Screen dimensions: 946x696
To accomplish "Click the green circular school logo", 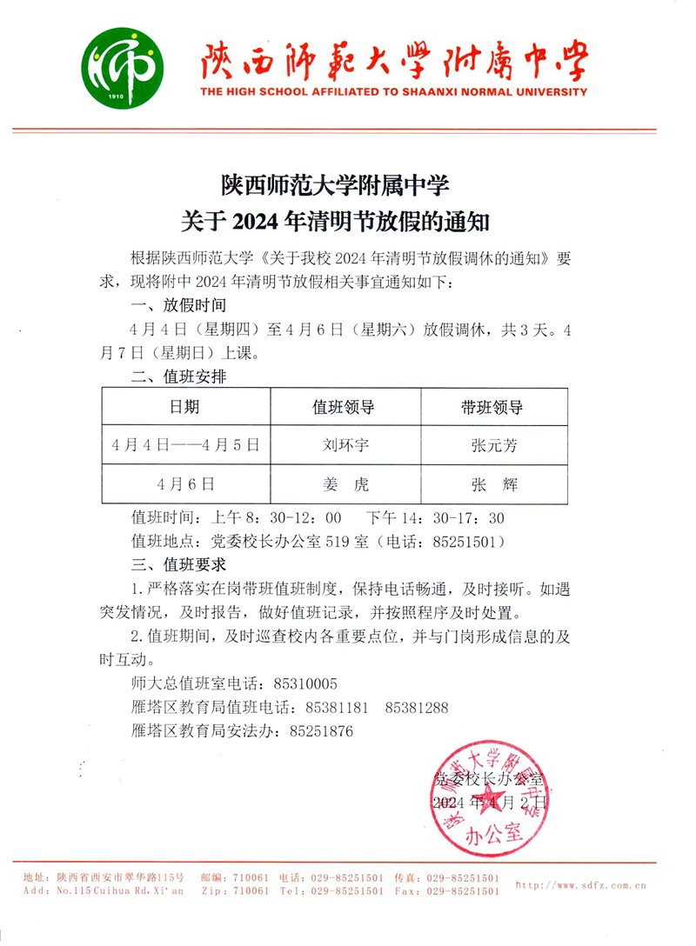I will [x=123, y=63].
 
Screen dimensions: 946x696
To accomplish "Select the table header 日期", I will [x=184, y=408].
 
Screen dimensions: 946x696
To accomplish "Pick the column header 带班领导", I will [x=493, y=408].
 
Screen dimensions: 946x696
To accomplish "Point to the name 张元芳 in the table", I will [x=493, y=445].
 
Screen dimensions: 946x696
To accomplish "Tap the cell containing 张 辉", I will [x=493, y=484].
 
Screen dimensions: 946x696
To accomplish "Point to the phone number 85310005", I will [x=305, y=683].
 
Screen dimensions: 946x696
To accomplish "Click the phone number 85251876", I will [x=321, y=732].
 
